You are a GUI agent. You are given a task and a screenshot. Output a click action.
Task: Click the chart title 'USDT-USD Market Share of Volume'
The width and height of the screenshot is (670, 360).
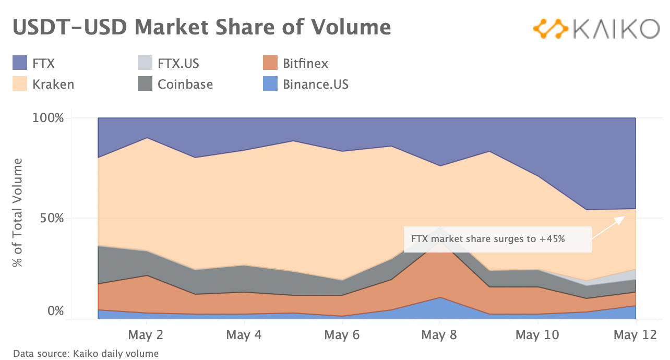201,27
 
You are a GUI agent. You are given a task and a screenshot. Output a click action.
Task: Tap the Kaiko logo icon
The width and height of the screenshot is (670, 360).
550,29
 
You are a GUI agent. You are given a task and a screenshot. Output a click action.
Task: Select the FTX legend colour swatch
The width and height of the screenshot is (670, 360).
20,64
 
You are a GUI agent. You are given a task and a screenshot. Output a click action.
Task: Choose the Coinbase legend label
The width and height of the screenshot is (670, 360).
185,84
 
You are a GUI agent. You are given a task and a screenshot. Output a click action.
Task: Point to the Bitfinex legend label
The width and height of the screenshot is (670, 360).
305,64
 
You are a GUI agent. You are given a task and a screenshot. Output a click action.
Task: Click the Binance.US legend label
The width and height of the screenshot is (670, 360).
315,84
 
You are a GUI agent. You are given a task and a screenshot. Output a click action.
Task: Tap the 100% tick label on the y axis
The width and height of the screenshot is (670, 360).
49,118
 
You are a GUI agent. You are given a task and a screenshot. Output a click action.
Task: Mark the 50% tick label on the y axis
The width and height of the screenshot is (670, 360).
52,218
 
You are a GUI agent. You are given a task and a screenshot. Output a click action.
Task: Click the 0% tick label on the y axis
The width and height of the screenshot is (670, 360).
56,311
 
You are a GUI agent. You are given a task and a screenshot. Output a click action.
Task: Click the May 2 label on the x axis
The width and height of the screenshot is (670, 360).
146,334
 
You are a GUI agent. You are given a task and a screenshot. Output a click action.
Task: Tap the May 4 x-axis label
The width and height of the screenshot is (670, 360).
244,334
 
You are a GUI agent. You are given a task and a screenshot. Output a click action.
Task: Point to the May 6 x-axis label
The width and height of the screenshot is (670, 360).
342,334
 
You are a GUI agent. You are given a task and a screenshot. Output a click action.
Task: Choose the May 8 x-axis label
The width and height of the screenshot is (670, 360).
439,334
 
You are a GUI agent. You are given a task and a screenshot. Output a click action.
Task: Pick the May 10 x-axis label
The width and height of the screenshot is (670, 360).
537,334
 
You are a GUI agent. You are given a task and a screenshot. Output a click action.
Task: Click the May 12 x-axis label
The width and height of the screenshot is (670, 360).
635,334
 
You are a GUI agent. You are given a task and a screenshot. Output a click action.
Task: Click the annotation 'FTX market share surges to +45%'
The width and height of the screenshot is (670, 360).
488,239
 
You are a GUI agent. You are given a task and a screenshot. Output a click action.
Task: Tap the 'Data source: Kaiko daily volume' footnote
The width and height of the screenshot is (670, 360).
86,354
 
